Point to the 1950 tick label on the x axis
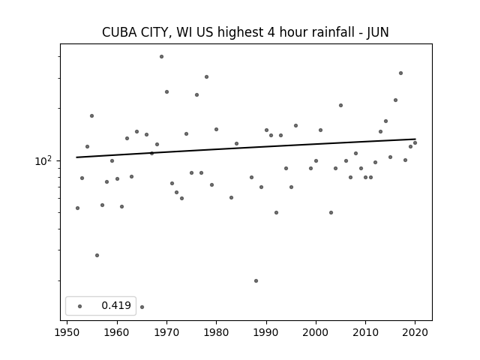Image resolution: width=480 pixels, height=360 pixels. click(67, 332)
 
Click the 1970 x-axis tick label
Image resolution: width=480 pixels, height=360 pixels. click(166, 332)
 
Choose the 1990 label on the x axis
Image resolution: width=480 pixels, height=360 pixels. click(266, 332)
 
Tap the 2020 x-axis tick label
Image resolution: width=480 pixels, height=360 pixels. click(415, 332)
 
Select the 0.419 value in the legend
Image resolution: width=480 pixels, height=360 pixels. click(116, 305)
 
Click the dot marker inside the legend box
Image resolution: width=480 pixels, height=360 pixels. click(80, 306)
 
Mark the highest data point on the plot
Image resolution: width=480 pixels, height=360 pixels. click(162, 57)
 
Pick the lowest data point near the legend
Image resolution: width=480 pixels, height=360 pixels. click(142, 307)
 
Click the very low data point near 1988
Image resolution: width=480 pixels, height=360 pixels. click(256, 280)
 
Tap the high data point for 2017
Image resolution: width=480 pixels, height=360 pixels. click(400, 73)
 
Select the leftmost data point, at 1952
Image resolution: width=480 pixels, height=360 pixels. click(77, 208)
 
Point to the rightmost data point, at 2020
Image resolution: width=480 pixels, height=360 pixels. click(415, 143)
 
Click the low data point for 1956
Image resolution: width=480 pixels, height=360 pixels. click(97, 255)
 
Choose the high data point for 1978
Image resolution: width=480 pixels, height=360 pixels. click(207, 76)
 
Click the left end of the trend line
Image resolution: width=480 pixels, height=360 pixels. click(76, 157)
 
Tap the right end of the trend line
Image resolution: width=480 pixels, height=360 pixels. click(415, 139)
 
